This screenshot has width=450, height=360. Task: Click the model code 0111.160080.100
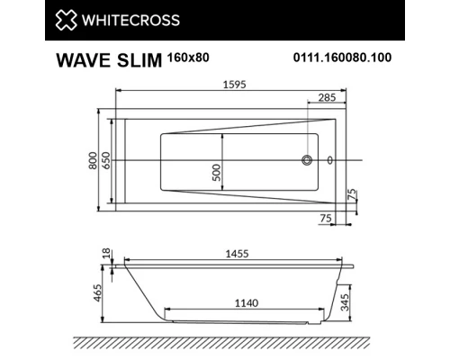click(x=344, y=59)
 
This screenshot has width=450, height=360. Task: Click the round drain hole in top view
click(x=308, y=161)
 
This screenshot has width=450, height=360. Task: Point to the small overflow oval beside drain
click(x=329, y=161)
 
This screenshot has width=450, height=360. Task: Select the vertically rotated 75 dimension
click(x=353, y=194)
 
